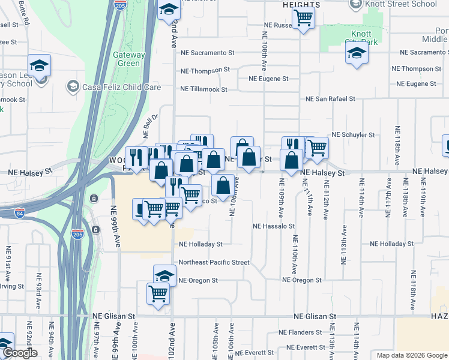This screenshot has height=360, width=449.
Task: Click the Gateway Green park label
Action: (x=129, y=59)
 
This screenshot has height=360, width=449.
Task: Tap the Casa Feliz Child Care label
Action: (x=122, y=87)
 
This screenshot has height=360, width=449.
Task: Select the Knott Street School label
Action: (x=409, y=4)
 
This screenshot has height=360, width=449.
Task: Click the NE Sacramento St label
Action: (x=208, y=53)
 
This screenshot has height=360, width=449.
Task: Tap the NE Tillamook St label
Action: (x=203, y=89)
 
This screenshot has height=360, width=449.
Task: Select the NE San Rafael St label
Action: (x=330, y=98)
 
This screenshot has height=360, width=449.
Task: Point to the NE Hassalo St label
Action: (x=274, y=227)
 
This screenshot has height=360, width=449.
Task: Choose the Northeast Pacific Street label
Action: (x=214, y=262)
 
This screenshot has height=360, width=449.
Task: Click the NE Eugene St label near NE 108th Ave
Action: (x=268, y=79)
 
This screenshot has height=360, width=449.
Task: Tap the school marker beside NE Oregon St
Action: (x=164, y=275)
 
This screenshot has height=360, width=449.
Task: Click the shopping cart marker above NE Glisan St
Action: (x=158, y=294)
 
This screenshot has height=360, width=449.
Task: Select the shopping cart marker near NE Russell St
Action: (x=304, y=18)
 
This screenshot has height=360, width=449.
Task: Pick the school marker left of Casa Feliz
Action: (x=39, y=65)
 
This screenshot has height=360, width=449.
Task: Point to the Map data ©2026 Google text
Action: (x=411, y=355)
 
